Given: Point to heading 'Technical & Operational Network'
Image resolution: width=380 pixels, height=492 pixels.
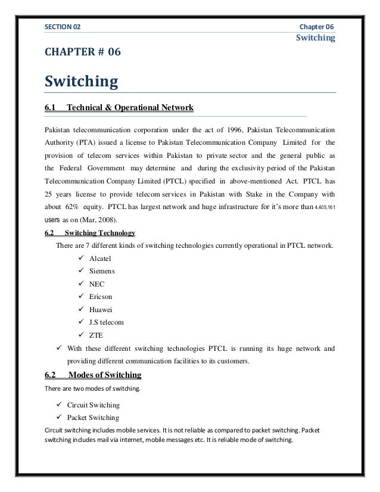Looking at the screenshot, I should click(130, 108).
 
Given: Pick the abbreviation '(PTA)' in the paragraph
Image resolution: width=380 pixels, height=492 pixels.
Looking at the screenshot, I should click(83, 143).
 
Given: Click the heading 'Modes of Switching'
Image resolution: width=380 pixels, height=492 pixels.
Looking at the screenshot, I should click(105, 375).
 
